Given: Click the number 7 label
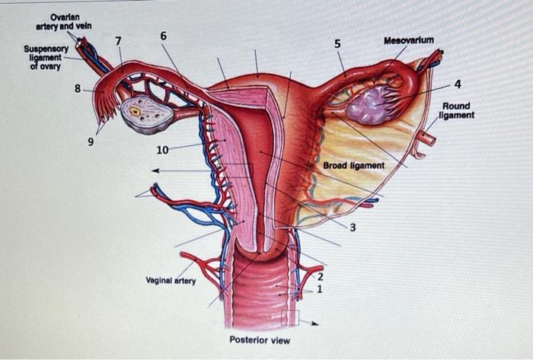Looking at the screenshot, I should click(x=117, y=40).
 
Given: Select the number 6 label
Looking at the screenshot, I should click(x=164, y=36).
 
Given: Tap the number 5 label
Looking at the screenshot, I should click(x=337, y=43).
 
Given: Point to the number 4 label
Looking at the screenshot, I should click(x=457, y=83).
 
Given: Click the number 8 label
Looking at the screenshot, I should click(x=78, y=88).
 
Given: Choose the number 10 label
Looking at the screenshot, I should click(x=162, y=149).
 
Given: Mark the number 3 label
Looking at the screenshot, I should click(x=353, y=228).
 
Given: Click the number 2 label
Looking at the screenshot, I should click(x=321, y=277).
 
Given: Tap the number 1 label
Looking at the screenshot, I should click(x=320, y=289).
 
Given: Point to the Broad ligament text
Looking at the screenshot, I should click(x=353, y=165).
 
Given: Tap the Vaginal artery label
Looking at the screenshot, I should click(x=171, y=281).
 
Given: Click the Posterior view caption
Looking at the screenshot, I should click(x=260, y=340).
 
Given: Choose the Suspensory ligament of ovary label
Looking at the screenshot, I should click(x=46, y=57).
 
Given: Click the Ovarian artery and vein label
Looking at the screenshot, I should click(x=64, y=22).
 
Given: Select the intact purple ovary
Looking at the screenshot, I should click(x=371, y=105).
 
